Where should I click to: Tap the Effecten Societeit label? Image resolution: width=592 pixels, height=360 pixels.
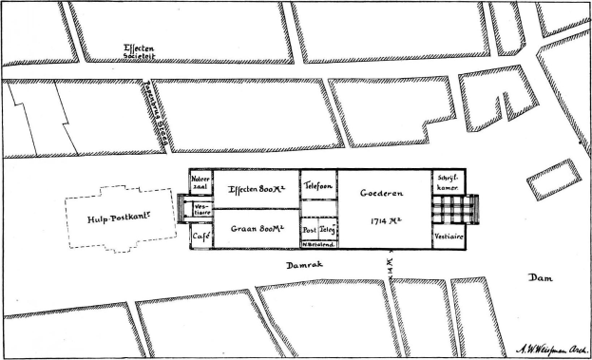141,52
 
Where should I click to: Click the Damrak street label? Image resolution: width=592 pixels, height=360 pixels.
307,269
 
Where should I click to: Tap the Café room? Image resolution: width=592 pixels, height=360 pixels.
201,235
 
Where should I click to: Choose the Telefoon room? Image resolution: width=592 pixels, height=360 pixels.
317,190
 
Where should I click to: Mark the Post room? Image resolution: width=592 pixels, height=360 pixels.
309,230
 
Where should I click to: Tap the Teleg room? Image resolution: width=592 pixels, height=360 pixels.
327,230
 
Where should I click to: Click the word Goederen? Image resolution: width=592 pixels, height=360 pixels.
382,194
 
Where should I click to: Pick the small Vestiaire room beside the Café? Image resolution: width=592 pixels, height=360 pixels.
201,209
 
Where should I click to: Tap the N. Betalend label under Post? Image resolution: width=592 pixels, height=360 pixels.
318,244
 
